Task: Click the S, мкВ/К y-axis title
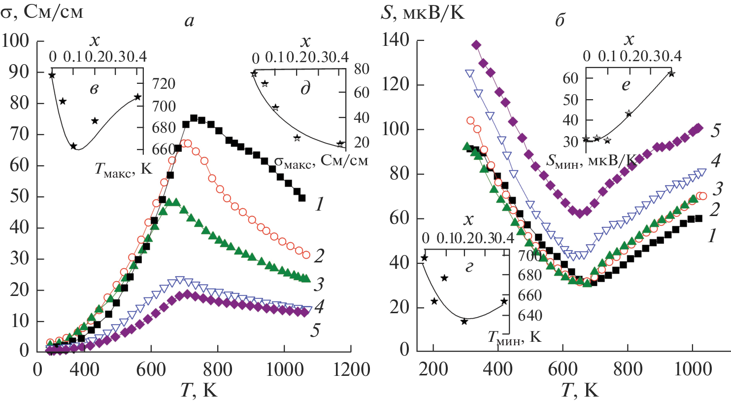click(x=423, y=12)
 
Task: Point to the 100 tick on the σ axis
click(x=16, y=40)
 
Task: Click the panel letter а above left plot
click(x=189, y=21)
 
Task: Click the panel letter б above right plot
click(x=560, y=21)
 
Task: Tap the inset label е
click(x=626, y=85)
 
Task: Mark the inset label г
click(x=469, y=267)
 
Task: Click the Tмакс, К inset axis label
click(x=124, y=169)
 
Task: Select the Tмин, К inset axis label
click(x=514, y=337)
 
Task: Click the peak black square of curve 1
click(x=194, y=118)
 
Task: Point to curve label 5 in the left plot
click(x=315, y=330)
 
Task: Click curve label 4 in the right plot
click(x=715, y=160)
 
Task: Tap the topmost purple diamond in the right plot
click(x=476, y=45)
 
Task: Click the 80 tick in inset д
click(x=362, y=69)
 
